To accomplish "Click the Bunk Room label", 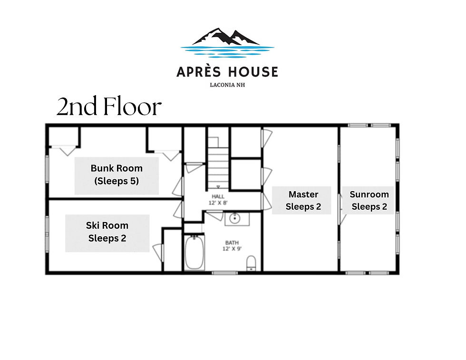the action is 116,175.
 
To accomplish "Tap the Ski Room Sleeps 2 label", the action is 107,232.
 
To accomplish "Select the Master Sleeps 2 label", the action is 303,200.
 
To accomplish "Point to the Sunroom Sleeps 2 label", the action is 369,200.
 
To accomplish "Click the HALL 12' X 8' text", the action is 218,200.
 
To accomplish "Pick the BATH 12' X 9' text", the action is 232,246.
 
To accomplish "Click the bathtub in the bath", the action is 194,253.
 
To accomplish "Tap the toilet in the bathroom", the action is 251,263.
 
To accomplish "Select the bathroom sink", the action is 235,219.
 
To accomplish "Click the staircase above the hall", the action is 218,163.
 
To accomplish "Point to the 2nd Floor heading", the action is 109,107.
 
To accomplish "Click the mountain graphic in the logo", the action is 226,37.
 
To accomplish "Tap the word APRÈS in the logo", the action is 199,72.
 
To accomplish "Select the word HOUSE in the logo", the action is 253,72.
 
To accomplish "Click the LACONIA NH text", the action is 227,85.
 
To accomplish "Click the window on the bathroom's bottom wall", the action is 225,272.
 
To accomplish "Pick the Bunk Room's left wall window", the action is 47,169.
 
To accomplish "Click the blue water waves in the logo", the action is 227,51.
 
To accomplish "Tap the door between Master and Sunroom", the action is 341,209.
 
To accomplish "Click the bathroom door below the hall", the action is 214,215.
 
